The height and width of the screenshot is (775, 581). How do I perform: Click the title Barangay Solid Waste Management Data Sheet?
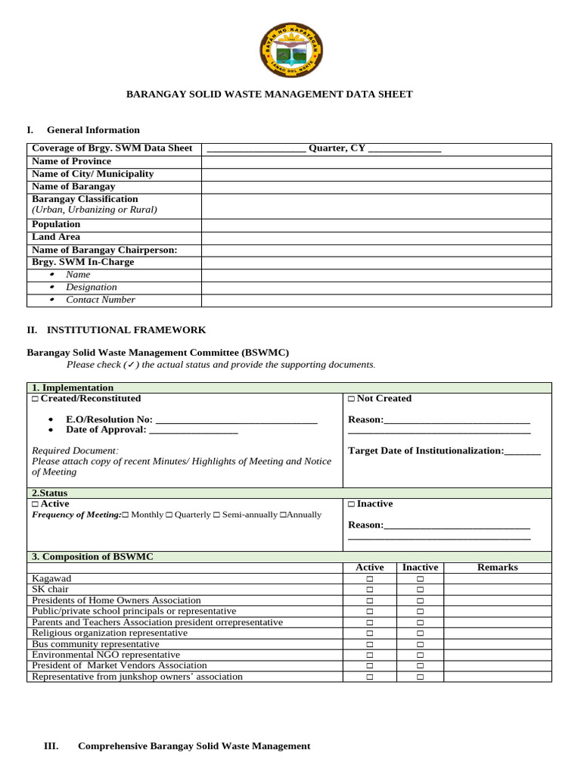[269, 95]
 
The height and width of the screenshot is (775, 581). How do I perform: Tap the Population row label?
[56, 225]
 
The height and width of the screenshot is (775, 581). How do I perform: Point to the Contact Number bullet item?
[100, 300]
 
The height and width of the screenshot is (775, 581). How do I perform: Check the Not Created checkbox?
[352, 399]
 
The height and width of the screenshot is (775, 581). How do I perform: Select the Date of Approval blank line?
[194, 430]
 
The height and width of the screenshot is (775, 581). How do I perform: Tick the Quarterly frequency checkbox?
[169, 515]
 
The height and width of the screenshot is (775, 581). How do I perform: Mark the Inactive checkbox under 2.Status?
[352, 504]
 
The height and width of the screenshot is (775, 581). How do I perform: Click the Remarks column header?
[497, 568]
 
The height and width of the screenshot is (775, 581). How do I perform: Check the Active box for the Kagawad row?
[370, 579]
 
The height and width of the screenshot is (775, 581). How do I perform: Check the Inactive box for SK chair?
[420, 590]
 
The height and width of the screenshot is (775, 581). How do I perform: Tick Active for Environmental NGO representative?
[370, 655]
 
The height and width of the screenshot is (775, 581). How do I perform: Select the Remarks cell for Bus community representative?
[497, 644]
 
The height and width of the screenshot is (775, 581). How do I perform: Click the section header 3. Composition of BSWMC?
[92, 556]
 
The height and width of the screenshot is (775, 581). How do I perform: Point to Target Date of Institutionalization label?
[425, 451]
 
